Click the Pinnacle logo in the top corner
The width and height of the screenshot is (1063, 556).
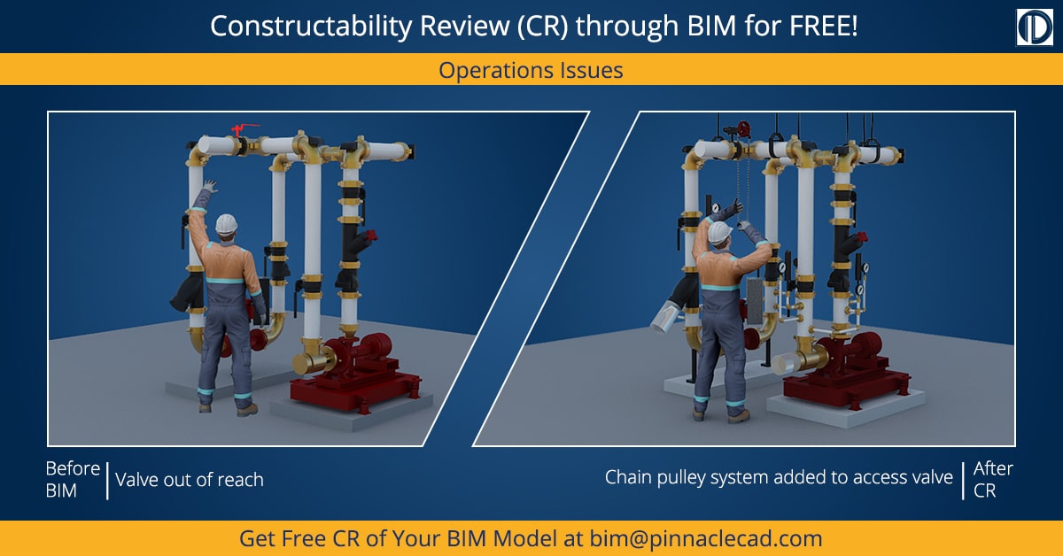pos(1033,27)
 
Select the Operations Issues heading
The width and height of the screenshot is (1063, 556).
pos(531,70)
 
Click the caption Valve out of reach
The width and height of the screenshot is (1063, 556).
pos(190,480)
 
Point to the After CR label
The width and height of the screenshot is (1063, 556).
pos(992,479)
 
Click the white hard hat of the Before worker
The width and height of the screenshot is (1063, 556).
pos(228,223)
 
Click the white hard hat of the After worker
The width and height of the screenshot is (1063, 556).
pos(718,232)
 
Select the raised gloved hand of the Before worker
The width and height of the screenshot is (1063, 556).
pos(209,188)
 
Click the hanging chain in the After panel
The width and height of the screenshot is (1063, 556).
pos(742,177)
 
